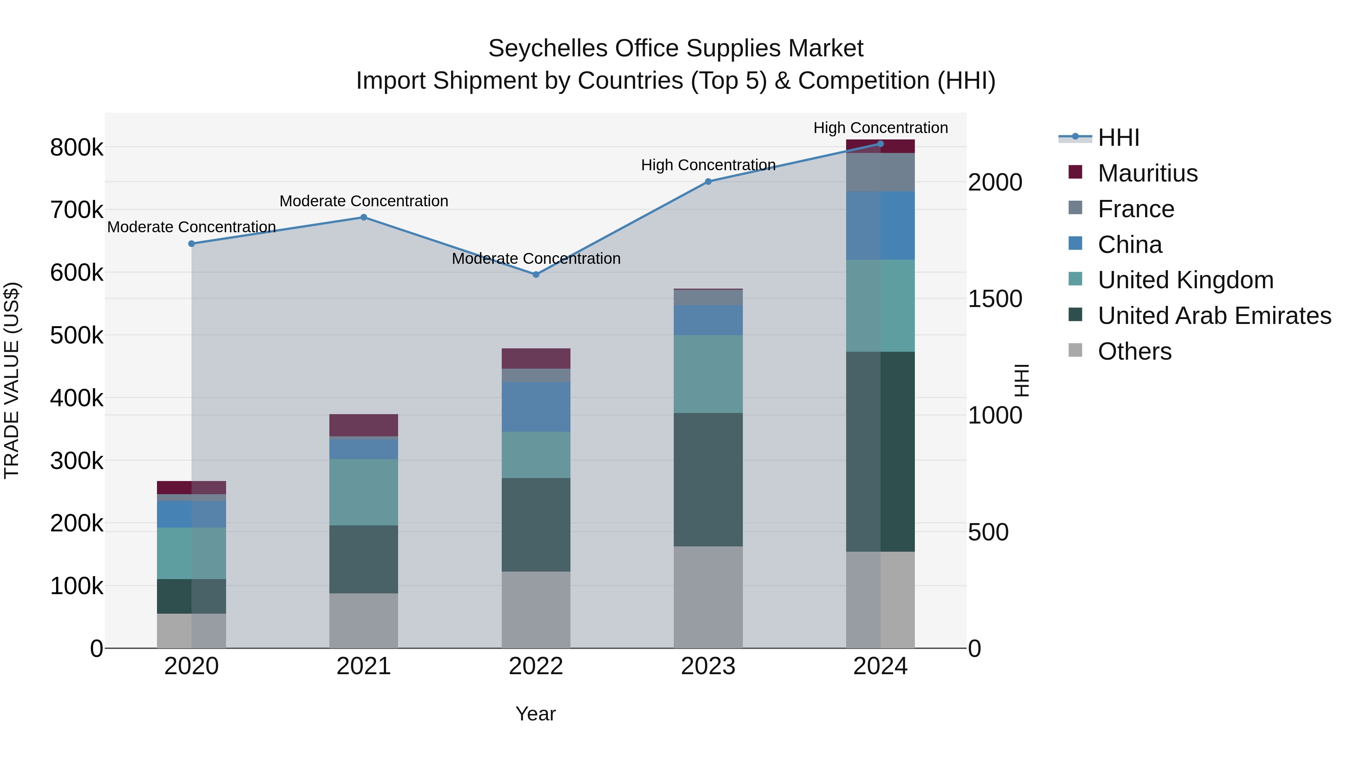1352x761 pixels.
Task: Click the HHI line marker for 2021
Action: click(x=364, y=218)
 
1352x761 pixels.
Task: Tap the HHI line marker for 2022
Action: click(x=536, y=275)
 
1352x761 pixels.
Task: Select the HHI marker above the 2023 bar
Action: click(x=708, y=182)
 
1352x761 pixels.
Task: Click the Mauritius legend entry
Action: click(x=1147, y=173)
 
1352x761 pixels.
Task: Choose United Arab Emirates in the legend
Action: click(x=1214, y=316)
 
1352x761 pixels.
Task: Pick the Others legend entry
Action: click(x=1134, y=351)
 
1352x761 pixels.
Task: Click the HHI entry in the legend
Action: click(x=1118, y=138)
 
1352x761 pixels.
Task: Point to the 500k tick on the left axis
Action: click(x=77, y=336)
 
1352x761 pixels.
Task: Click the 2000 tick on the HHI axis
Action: click(x=994, y=182)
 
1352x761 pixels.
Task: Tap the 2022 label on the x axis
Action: click(x=536, y=666)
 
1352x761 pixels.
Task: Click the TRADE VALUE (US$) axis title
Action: click(x=12, y=380)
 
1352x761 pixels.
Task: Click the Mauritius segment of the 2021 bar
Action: click(x=364, y=425)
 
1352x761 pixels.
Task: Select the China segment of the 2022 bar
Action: click(x=536, y=407)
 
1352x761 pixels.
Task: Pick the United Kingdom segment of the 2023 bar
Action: click(x=708, y=374)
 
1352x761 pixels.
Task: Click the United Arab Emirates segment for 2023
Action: click(x=708, y=480)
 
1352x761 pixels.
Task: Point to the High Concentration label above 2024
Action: click(x=880, y=128)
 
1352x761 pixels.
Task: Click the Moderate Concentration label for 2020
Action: click(x=192, y=227)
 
